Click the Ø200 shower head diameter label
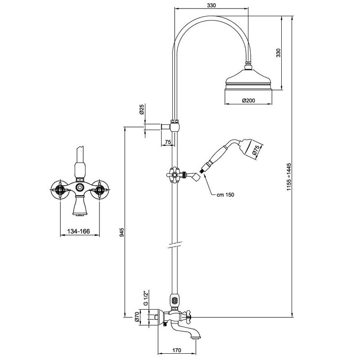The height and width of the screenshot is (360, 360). (x=249, y=100)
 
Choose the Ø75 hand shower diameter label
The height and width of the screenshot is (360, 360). (x=256, y=152)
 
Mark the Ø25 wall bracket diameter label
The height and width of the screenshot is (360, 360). (x=141, y=110)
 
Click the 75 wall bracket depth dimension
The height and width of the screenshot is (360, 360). (x=167, y=143)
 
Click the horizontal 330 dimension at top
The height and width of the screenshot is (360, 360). (x=211, y=5)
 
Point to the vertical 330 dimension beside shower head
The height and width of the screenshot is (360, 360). (x=278, y=53)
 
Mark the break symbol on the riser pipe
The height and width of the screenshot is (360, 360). (x=173, y=245)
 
